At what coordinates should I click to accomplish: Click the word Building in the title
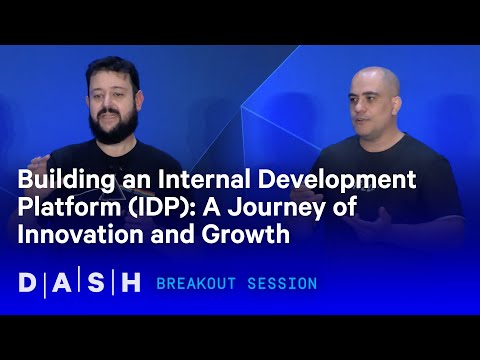[60, 182]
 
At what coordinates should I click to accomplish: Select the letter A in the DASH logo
[64, 283]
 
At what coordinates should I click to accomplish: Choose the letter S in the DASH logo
[97, 283]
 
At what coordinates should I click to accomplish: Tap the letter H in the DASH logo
[130, 283]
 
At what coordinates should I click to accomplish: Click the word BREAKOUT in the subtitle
[200, 284]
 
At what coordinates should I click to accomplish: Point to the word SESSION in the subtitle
[284, 284]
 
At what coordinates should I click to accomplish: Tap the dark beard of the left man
[112, 124]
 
